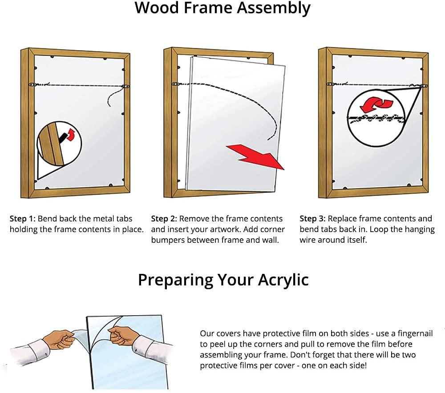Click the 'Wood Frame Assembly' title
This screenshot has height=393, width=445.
click(x=222, y=8)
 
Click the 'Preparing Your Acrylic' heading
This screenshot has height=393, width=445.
click(x=223, y=280)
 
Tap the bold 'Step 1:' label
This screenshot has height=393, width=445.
click(x=23, y=219)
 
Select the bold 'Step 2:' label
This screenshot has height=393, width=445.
click(x=164, y=219)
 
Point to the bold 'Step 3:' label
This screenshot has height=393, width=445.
click(x=313, y=219)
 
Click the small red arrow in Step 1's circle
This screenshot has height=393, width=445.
click(x=70, y=134)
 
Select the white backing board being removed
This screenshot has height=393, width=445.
click(x=231, y=124)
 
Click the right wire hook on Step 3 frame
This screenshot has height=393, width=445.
click(x=425, y=85)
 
